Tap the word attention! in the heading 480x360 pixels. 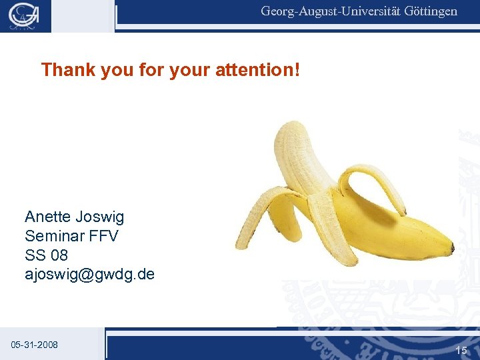point(258,69)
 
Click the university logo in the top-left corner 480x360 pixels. point(25,15)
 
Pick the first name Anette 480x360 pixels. point(48,217)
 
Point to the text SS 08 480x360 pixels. point(46,255)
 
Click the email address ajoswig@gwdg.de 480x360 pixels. point(89,274)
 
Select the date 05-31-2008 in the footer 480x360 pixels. point(34,345)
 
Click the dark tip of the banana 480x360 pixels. point(453,249)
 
